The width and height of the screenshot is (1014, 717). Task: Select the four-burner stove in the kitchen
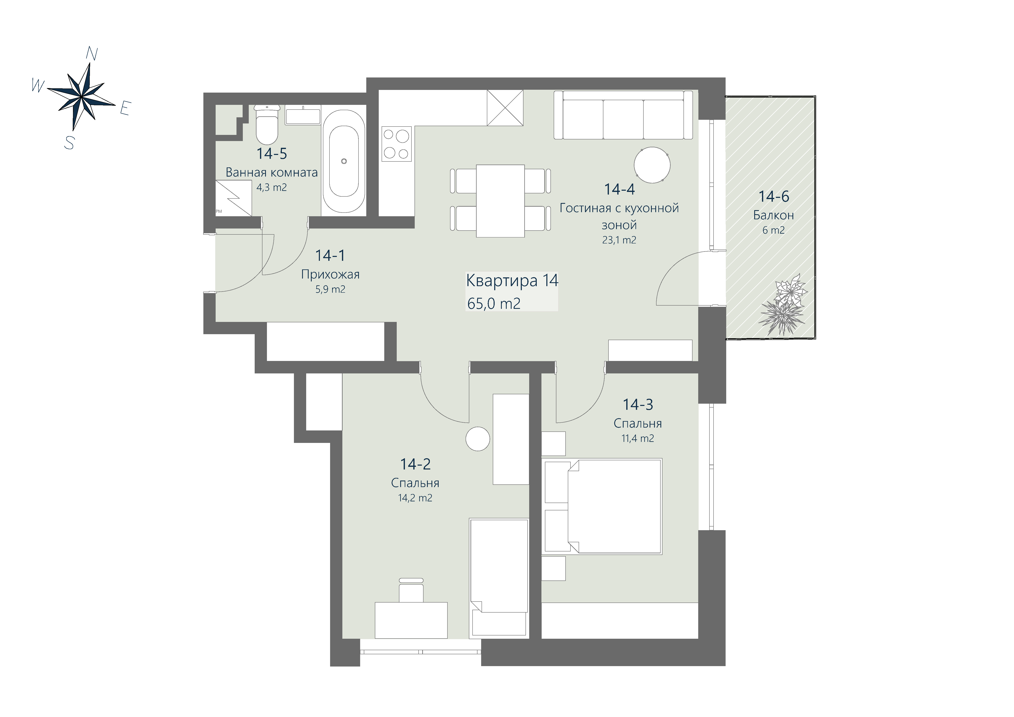coord(397,143)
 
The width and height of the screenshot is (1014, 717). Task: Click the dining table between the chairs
coord(500,201)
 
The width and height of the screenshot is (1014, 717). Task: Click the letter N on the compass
coord(92,54)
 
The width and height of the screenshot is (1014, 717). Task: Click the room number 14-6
coord(774,196)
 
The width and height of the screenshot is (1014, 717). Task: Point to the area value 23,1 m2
coord(619,240)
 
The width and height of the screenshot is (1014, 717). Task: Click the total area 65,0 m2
coord(494,304)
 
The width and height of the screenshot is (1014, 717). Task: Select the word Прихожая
coord(330,275)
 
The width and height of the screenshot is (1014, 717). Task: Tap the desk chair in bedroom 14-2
coord(411,590)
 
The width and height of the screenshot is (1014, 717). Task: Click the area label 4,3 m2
coord(272,188)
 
